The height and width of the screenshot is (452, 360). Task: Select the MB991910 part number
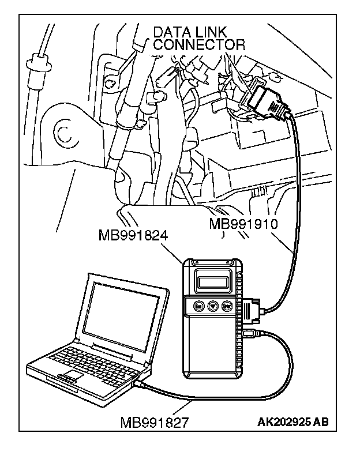243,224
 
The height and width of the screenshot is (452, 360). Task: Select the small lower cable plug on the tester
252,333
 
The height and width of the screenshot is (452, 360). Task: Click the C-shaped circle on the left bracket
63,133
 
